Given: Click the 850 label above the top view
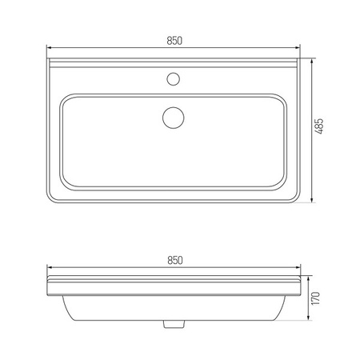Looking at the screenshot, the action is pyautogui.click(x=174, y=41).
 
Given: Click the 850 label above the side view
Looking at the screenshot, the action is pyautogui.click(x=175, y=260).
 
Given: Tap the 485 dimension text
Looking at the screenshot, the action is pyautogui.click(x=319, y=126).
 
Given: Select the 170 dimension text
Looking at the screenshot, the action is pyautogui.click(x=315, y=298).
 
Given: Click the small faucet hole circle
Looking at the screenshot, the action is pyautogui.click(x=174, y=79).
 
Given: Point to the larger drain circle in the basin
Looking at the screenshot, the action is pyautogui.click(x=174, y=118).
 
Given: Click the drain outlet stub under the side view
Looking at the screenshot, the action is pyautogui.click(x=174, y=324).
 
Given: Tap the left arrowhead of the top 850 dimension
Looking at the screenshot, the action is pyautogui.click(x=50, y=48).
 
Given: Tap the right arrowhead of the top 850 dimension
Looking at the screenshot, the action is pyautogui.click(x=298, y=48).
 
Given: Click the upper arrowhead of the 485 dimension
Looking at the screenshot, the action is pyautogui.click(x=312, y=62).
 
